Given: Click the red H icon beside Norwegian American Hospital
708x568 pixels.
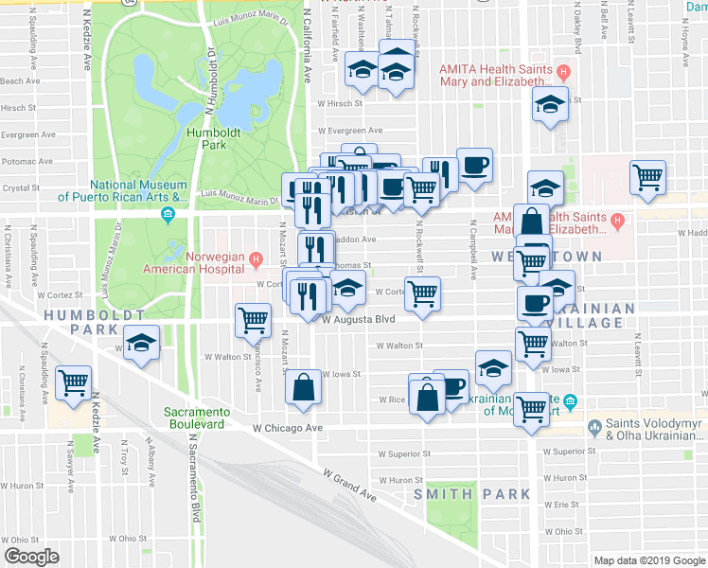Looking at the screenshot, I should pos(255,257).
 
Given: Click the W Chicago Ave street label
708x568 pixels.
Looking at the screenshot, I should pos(289,428).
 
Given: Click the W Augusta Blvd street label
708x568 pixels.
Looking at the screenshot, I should pos(357,320).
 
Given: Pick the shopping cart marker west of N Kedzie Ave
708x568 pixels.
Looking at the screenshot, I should pos(73,382).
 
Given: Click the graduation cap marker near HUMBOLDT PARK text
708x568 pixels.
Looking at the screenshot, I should pos(142,342).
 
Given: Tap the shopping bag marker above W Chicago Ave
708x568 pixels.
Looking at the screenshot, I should pos(302,387).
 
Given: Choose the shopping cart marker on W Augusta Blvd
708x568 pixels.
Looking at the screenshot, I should pos(253,320).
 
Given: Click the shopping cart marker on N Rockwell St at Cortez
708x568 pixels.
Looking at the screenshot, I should pos(422,293).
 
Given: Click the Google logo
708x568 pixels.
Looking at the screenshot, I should pos(31,556).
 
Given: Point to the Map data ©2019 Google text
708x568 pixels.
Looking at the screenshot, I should pos(648,560).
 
